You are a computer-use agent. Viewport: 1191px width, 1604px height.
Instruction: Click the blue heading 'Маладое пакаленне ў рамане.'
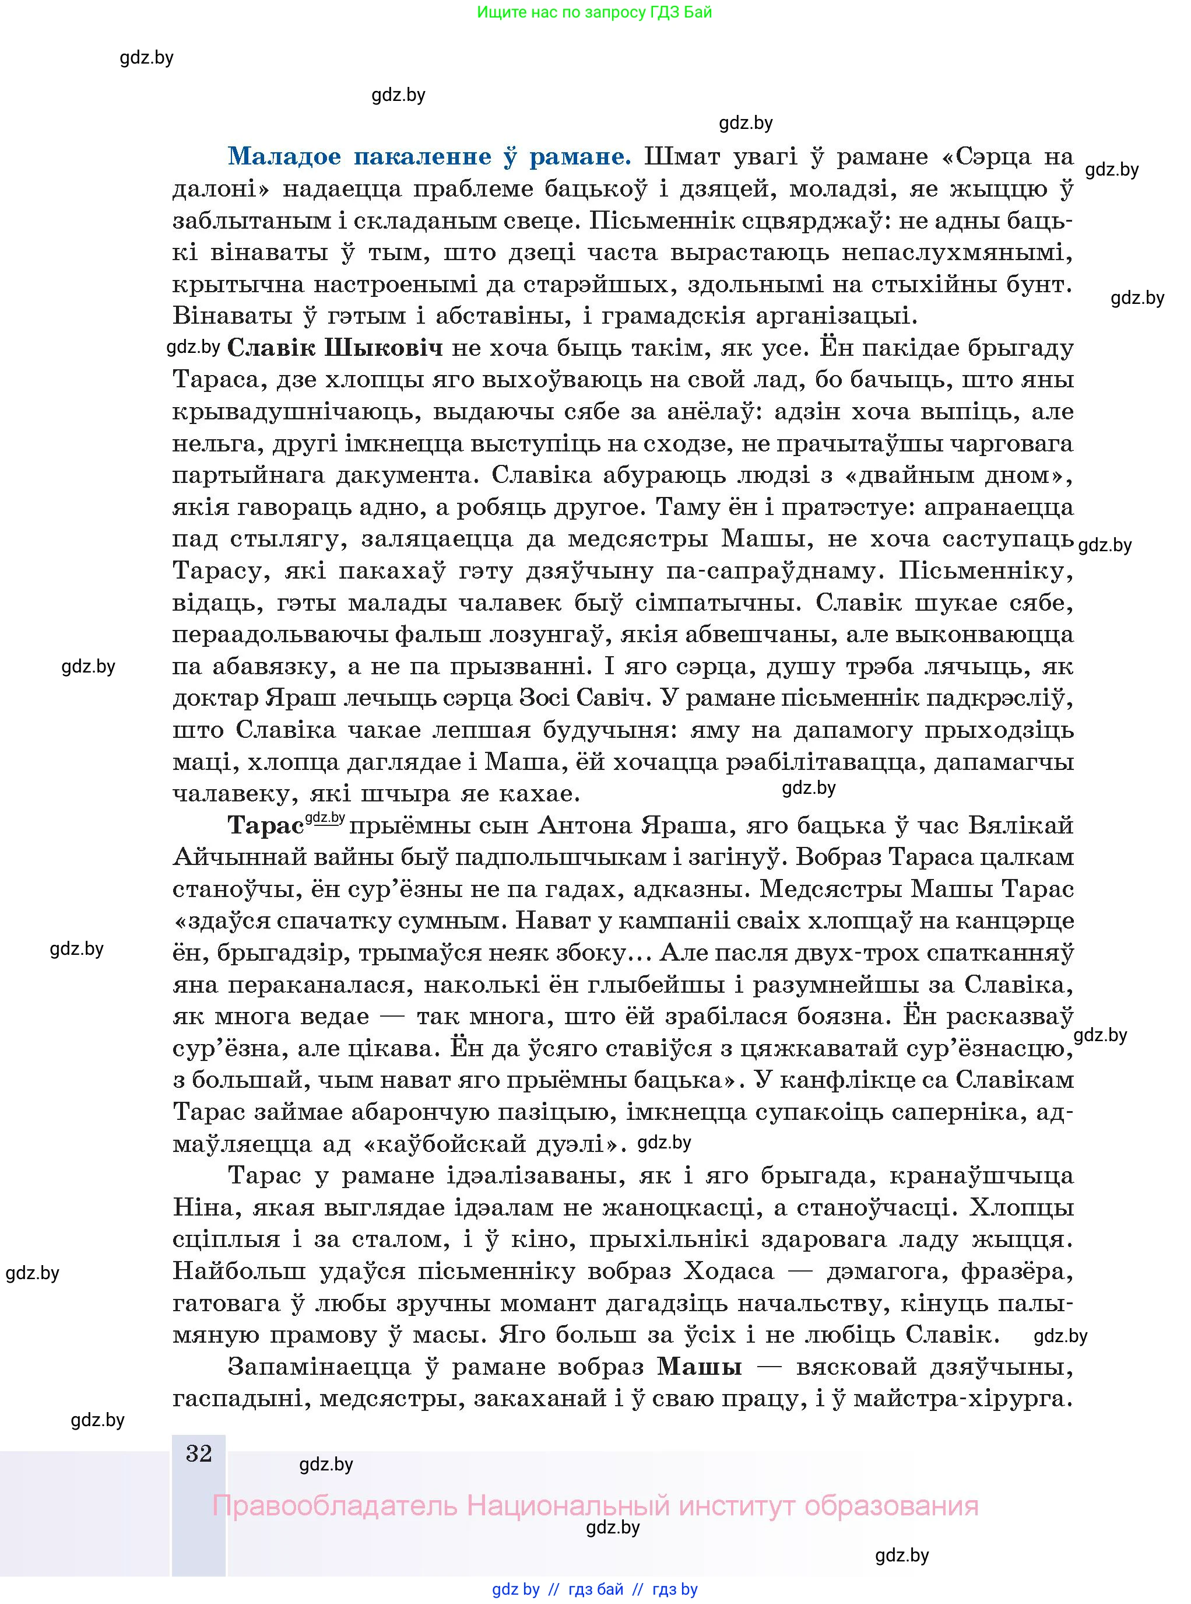pyautogui.click(x=430, y=156)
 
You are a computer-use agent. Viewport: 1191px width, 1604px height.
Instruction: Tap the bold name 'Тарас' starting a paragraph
pyautogui.click(x=265, y=825)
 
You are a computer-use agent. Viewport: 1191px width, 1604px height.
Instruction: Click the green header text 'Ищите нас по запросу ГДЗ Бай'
pyautogui.click(x=594, y=12)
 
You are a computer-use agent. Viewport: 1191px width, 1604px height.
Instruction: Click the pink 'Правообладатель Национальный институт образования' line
pyautogui.click(x=595, y=1506)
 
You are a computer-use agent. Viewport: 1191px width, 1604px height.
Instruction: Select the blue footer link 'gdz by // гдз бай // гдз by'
pyautogui.click(x=594, y=1589)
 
